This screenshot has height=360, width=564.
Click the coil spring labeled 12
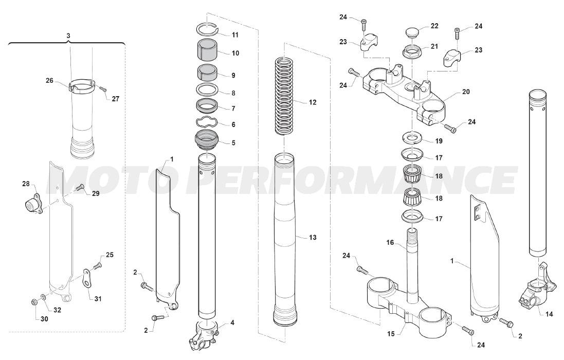(284, 96)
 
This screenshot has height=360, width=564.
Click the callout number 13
(313, 238)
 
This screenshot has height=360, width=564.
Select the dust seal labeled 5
(207, 142)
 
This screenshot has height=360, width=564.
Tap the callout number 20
(465, 92)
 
